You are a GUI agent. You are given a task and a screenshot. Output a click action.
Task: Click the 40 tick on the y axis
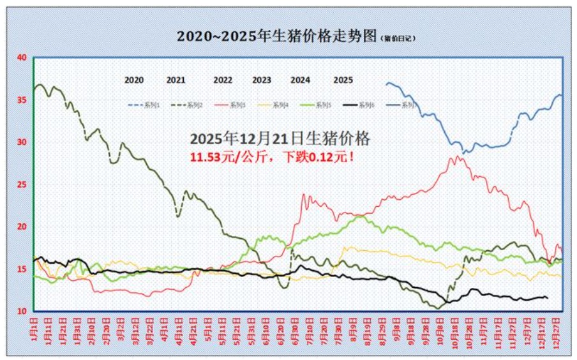tap(22, 57)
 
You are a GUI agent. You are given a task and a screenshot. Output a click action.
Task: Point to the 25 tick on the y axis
tap(22, 184)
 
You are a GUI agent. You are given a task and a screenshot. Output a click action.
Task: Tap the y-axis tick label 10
tap(22, 311)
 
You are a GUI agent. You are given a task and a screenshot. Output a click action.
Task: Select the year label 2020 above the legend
tap(134, 80)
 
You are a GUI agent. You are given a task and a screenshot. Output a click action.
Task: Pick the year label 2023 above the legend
tap(262, 80)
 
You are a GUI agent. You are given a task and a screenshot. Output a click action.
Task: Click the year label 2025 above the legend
tap(343, 80)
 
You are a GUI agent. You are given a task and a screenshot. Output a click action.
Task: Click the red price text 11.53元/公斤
tap(228, 156)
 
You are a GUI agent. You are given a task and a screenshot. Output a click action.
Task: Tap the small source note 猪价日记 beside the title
tap(400, 38)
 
